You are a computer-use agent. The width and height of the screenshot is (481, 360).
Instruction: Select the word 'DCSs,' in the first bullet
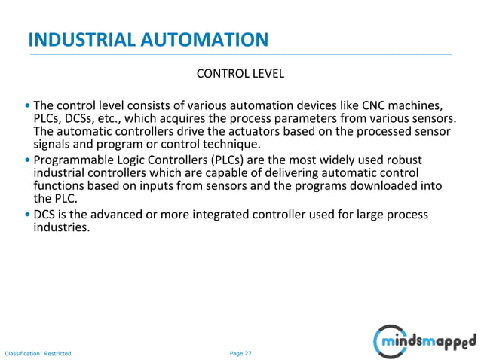coord(81,118)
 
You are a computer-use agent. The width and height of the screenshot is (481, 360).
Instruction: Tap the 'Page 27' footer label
coord(240,352)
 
